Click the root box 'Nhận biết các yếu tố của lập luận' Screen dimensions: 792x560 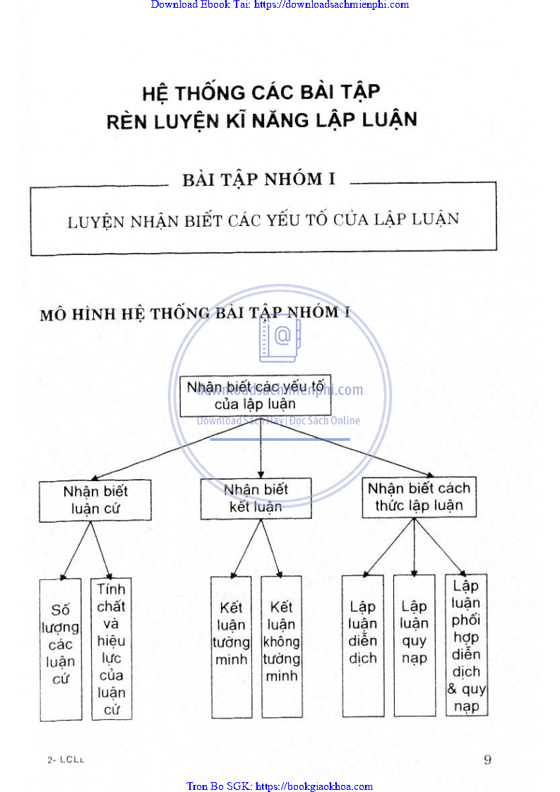[x=256, y=396]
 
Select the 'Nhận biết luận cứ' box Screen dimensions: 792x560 [x=95, y=500]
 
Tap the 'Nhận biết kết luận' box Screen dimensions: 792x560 [x=256, y=498]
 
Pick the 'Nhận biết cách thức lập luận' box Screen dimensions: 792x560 [x=419, y=497]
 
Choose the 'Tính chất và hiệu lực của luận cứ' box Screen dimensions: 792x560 [x=112, y=649]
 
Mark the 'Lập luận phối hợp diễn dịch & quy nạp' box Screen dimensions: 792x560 [x=466, y=644]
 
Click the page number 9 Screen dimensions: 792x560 [x=487, y=760]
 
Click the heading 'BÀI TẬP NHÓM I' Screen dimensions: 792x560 [x=258, y=179]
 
